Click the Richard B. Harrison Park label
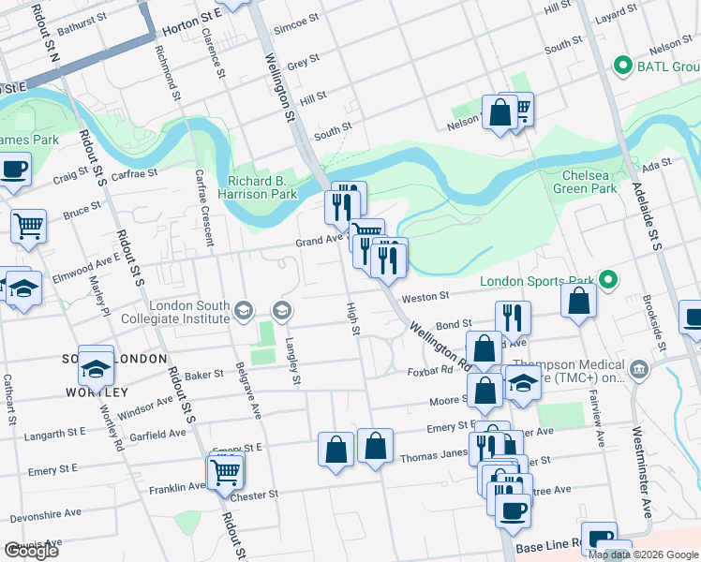[262, 187]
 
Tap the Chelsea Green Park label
[589, 182]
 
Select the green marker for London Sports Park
[608, 280]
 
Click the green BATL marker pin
[620, 67]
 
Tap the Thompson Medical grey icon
[640, 367]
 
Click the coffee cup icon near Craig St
[13, 170]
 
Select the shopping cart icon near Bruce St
[28, 224]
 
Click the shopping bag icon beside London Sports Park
[580, 301]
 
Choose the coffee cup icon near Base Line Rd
[512, 510]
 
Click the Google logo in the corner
[31, 551]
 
